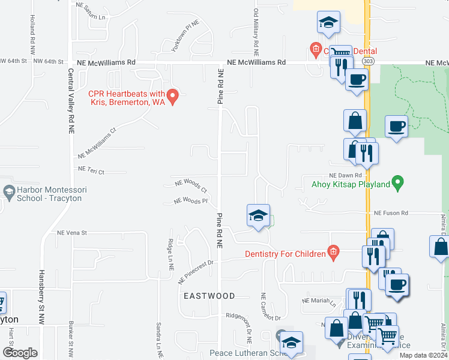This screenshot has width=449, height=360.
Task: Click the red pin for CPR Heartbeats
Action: (173, 97)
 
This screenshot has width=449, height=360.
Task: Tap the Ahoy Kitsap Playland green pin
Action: (397, 184)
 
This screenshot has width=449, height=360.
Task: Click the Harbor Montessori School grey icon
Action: (8, 193)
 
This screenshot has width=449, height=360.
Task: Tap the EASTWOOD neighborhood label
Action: (209, 296)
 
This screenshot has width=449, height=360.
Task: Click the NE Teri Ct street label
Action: (91, 170)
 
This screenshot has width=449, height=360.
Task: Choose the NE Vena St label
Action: (72, 233)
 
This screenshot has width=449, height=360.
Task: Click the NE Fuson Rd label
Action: (391, 213)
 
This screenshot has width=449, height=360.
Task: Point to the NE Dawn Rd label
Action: (343, 174)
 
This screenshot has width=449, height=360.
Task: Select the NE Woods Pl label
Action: (190, 202)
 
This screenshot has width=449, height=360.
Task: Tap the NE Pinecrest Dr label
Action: (194, 265)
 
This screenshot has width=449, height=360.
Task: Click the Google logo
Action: (20, 353)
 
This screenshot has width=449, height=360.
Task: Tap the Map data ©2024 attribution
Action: (423, 355)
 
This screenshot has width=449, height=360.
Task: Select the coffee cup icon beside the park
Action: (396, 127)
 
